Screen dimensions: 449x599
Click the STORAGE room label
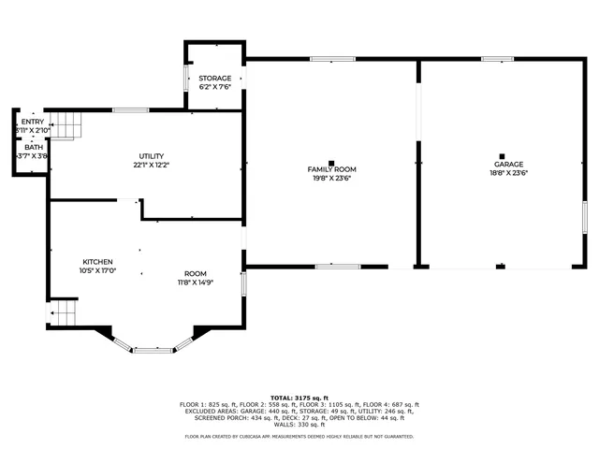[x=214, y=78]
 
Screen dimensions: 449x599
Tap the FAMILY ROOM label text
[x=332, y=169]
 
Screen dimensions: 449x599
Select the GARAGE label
[x=509, y=164]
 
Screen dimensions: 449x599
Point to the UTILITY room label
[x=152, y=155]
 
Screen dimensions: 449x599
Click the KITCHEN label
[x=97, y=262]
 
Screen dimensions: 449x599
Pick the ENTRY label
[x=33, y=122]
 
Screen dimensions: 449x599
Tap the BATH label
[x=34, y=147]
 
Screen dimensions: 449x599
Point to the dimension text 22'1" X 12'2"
[x=152, y=166]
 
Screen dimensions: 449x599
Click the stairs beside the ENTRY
[x=64, y=123]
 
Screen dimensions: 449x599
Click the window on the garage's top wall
[x=497, y=59]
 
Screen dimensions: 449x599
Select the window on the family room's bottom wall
[x=338, y=267]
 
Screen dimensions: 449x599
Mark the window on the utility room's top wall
[x=130, y=109]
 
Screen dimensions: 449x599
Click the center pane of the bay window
[x=152, y=350]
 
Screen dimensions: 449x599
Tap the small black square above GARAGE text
[x=502, y=156]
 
